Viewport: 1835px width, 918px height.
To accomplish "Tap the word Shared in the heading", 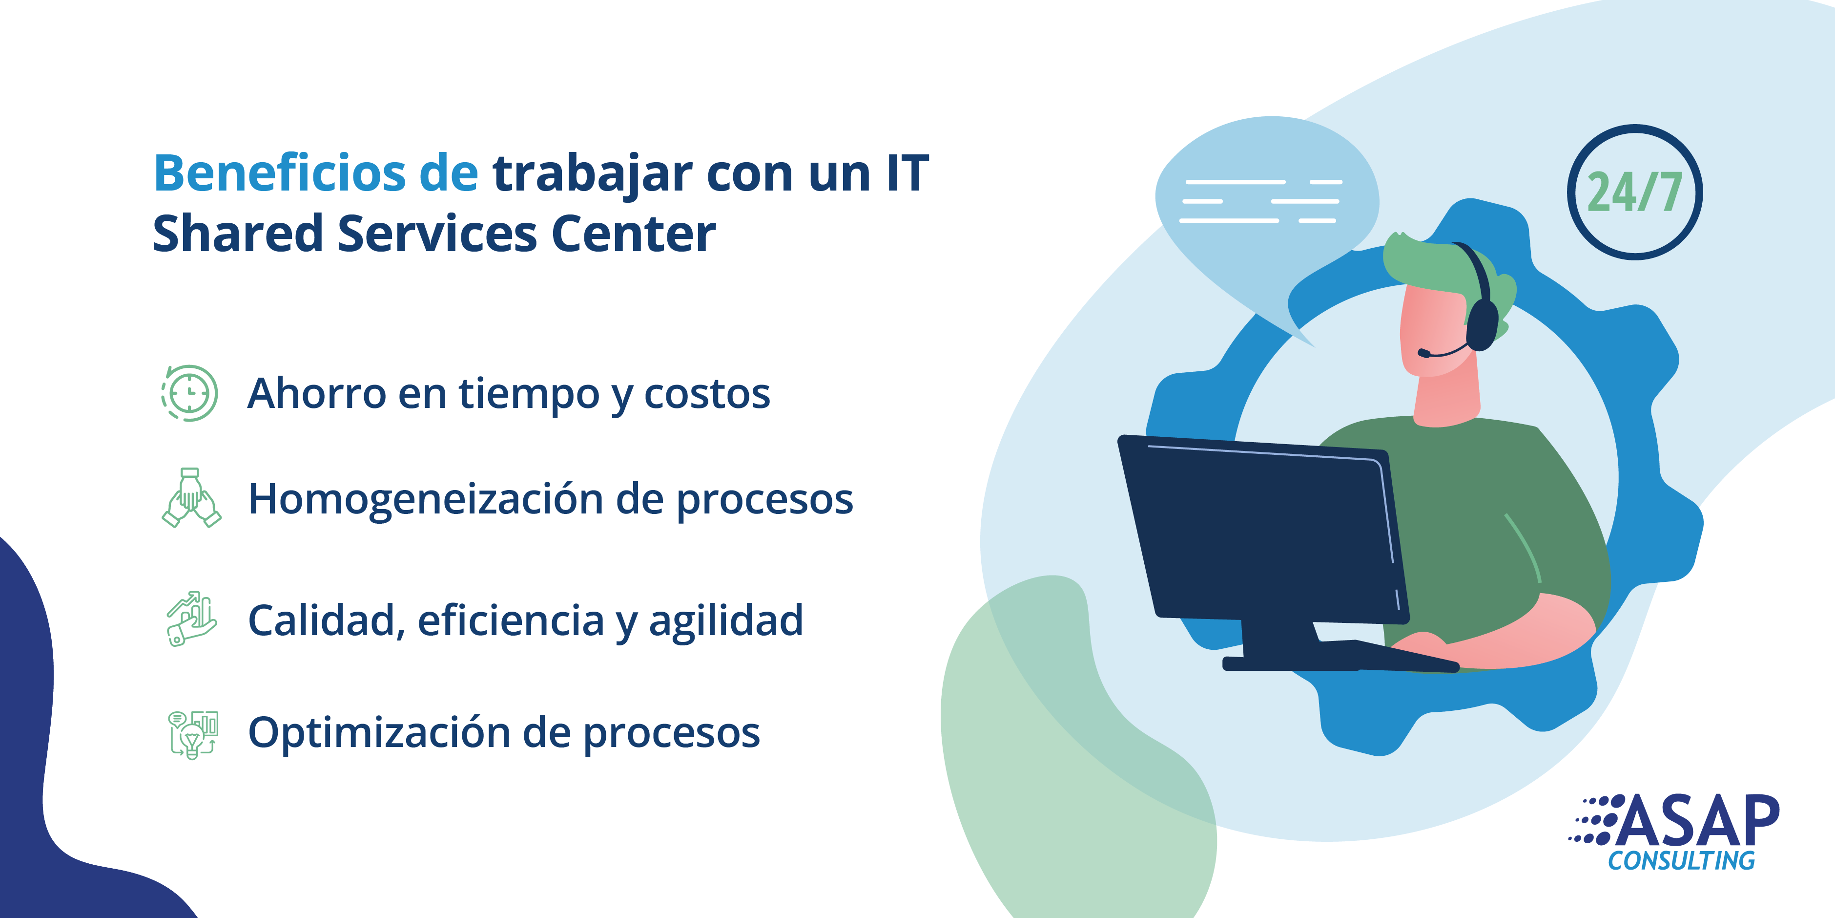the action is (x=238, y=234).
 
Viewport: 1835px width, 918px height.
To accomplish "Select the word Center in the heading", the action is (x=633, y=234).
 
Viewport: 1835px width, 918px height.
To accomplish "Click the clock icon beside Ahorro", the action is (x=189, y=393).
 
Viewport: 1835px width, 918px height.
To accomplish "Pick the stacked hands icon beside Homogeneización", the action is (x=191, y=497).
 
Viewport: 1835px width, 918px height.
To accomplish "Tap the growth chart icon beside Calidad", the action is (x=190, y=619).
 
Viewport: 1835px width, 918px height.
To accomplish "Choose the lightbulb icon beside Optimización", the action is (x=192, y=734).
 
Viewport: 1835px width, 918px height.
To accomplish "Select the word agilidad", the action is (x=726, y=620).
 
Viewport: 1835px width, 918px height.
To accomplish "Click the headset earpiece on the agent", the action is (x=1483, y=325).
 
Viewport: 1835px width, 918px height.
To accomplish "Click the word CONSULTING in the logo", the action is (x=1681, y=861).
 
